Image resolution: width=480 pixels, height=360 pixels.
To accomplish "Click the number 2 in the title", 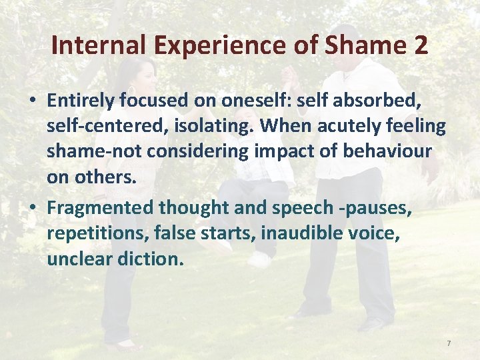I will click(x=420, y=45).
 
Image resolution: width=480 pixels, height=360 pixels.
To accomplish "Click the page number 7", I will click(x=449, y=343).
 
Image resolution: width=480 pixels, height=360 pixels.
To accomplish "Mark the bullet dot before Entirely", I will click(x=32, y=101).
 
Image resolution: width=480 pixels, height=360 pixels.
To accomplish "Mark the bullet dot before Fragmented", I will click(x=32, y=208).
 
